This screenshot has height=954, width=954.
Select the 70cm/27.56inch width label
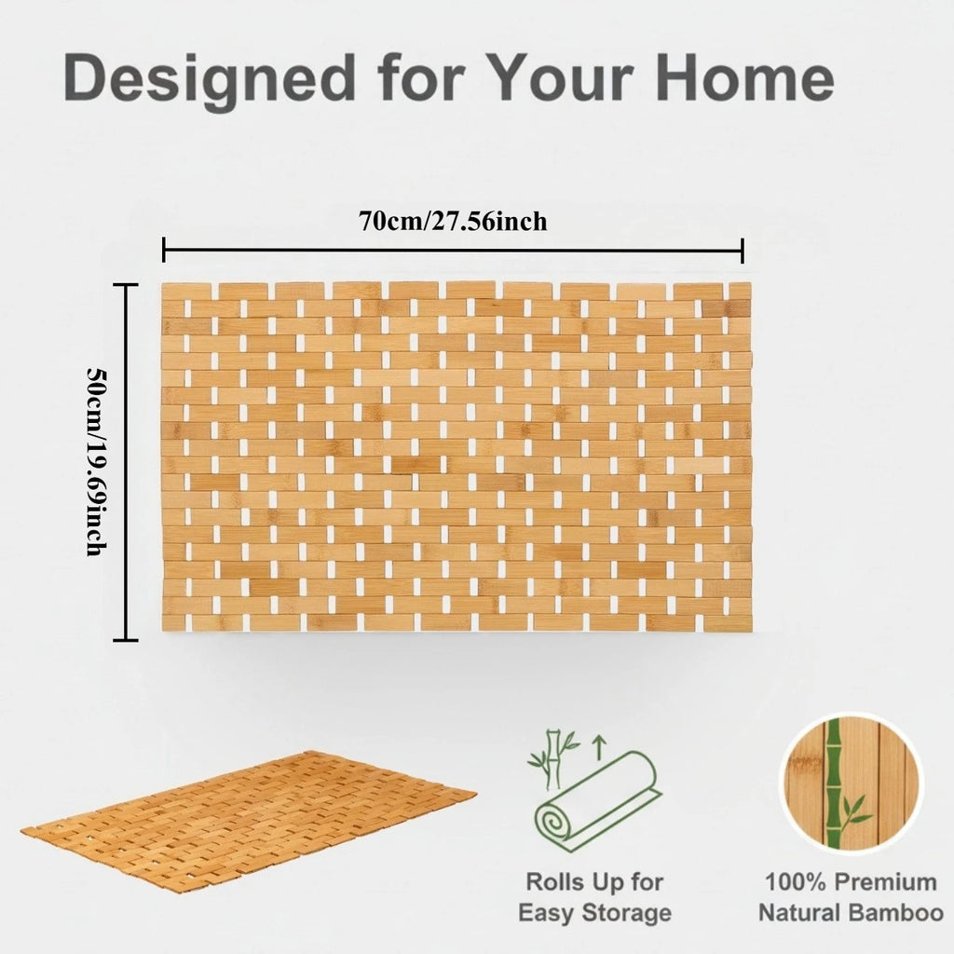tap(453, 222)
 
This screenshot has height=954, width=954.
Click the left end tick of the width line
tap(164, 250)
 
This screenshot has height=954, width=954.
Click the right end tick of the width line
tap(743, 250)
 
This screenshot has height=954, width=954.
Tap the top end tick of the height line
tap(125, 285)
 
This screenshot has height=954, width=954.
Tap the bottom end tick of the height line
tap(125, 640)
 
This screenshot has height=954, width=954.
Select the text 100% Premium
tap(851, 881)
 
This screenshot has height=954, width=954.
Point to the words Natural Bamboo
tap(851, 913)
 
